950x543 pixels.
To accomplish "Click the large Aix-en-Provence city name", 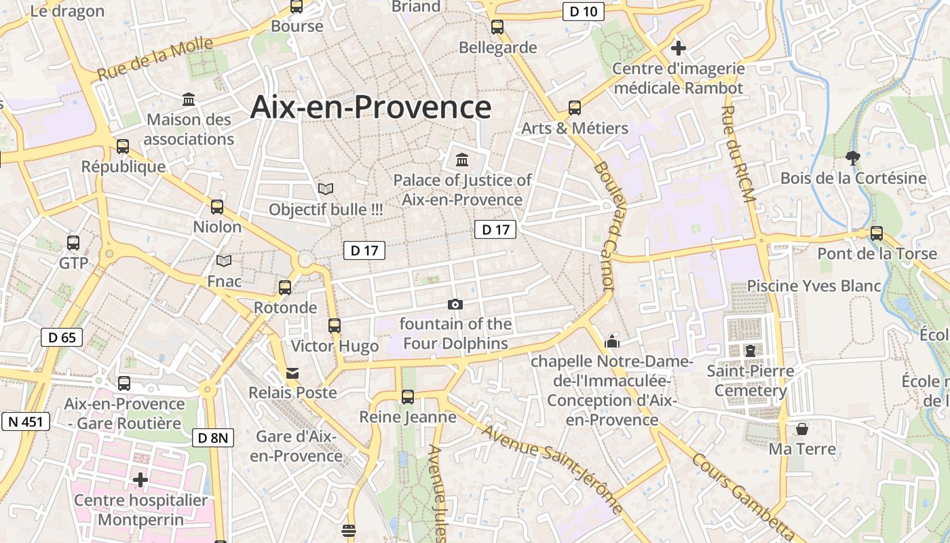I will tap(370, 107).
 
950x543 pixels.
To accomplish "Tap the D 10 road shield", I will tap(583, 11).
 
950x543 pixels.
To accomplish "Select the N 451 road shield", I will tap(26, 422).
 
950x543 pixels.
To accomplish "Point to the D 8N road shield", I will tap(213, 438).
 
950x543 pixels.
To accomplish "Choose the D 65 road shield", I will tap(62, 337).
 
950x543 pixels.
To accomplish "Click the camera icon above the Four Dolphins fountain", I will tap(455, 305).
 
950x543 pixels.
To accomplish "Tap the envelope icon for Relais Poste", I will tap(292, 373).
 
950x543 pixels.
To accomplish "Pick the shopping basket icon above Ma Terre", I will tap(802, 429).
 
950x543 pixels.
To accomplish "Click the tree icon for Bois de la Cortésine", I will tap(853, 158).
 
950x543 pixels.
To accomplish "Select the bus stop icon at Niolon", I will tap(217, 207).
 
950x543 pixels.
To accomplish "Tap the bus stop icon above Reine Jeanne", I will tap(407, 397).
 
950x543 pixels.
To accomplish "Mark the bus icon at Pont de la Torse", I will tap(877, 233).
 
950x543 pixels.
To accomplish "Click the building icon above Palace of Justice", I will tap(462, 160).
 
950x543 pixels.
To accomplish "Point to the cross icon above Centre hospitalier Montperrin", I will tap(140, 480).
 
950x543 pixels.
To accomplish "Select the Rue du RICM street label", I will tap(738, 153).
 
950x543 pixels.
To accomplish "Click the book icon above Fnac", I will tap(224, 261).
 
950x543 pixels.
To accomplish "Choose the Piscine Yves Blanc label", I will tap(814, 286).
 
